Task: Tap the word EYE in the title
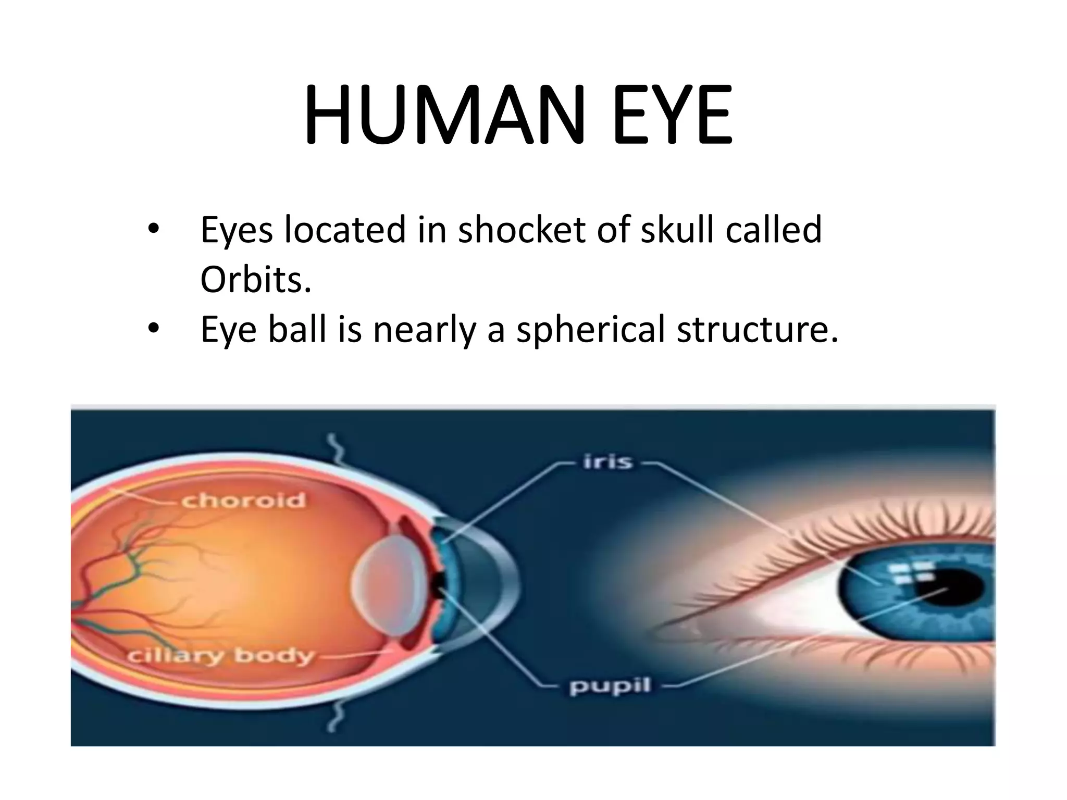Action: pos(673,115)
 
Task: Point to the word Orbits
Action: pos(256,280)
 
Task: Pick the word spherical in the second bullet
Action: pos(590,330)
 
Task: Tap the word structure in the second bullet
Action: pos(758,330)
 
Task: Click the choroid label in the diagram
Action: pos(243,501)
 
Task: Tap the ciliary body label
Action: pos(221,656)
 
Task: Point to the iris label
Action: pos(608,462)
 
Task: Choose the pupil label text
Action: pos(610,687)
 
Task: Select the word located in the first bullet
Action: pos(345,230)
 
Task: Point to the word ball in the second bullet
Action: pos(297,330)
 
